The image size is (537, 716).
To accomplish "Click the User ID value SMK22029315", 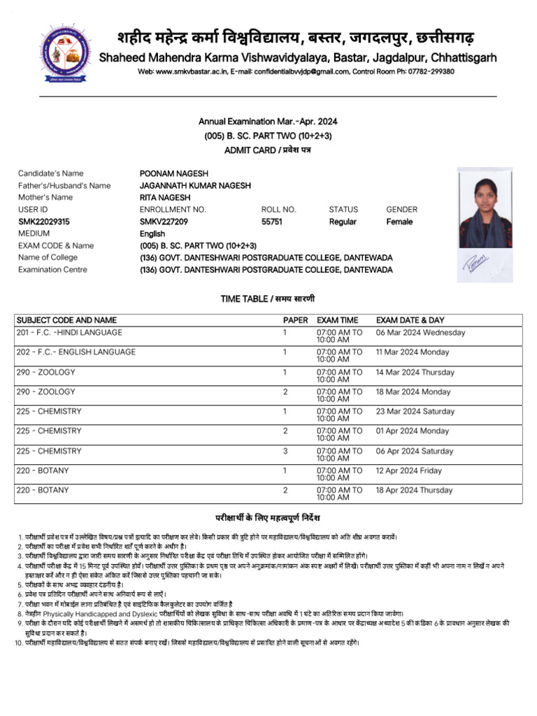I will [x=43, y=222].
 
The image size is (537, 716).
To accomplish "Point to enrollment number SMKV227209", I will [x=164, y=222].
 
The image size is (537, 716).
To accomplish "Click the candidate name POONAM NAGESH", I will [x=174, y=173].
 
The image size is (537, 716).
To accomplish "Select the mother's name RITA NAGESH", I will [x=164, y=197].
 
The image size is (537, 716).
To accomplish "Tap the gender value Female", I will [x=399, y=222].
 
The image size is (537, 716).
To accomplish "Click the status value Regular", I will [x=343, y=222].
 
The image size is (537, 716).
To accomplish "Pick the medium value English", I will [x=152, y=234].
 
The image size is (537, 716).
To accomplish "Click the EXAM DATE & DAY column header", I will [x=410, y=320].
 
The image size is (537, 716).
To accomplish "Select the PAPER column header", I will [x=295, y=320].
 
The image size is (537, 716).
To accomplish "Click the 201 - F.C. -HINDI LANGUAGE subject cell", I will [x=69, y=333].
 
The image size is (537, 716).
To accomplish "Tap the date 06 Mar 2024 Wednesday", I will [x=420, y=333].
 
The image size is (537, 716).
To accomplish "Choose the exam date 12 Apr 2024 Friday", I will [x=409, y=471].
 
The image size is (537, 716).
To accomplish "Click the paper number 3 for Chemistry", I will [x=285, y=451].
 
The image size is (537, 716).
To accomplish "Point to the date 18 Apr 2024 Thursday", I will [x=415, y=491].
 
